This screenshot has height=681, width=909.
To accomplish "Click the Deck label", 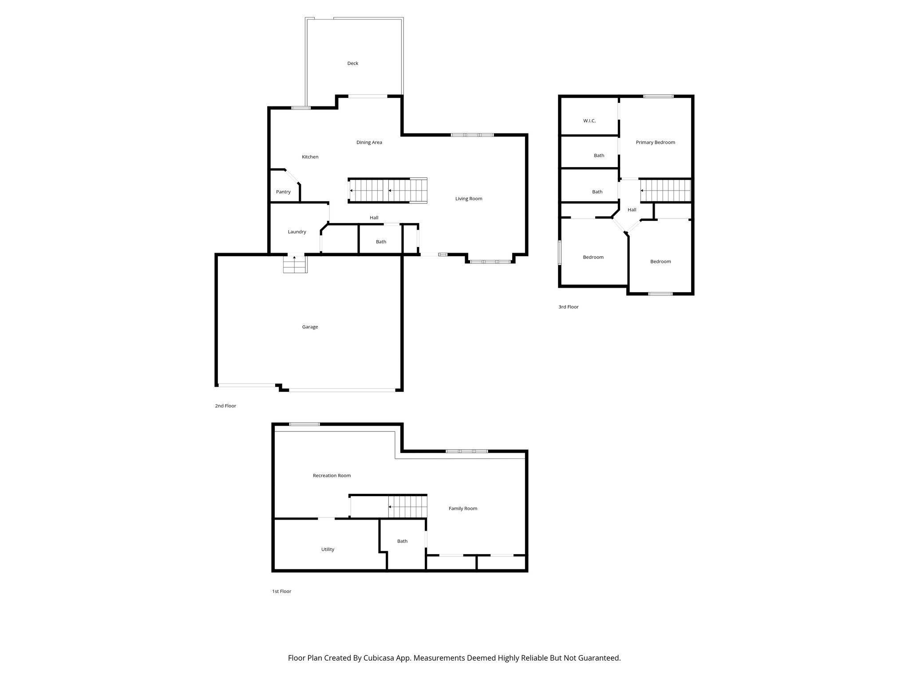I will click(352, 63).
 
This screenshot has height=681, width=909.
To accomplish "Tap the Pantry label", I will click(283, 192).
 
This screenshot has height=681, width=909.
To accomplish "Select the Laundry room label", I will click(296, 232).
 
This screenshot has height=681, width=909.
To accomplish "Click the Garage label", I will click(310, 327).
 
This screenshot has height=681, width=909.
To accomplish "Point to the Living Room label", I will click(468, 199).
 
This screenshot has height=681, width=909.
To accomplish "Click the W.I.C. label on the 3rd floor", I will click(589, 121).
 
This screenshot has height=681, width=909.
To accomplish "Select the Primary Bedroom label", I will click(655, 142).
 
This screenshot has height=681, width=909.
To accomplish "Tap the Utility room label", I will click(328, 549).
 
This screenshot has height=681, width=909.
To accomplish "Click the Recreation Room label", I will click(332, 476).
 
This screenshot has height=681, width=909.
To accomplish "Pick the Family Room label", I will click(462, 509).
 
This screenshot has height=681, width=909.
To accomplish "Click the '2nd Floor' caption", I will click(225, 406).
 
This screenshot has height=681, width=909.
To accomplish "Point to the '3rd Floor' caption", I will click(568, 307).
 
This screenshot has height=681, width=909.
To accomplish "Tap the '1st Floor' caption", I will click(281, 591).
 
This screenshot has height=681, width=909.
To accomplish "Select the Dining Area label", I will click(369, 142).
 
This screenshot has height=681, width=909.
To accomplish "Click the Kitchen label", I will click(310, 157).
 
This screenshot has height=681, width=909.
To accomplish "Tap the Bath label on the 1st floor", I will click(402, 541).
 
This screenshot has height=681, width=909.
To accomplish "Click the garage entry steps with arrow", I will click(295, 264).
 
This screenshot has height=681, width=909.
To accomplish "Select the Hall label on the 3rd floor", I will click(632, 210).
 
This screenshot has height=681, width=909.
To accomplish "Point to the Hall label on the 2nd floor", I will click(374, 218).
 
